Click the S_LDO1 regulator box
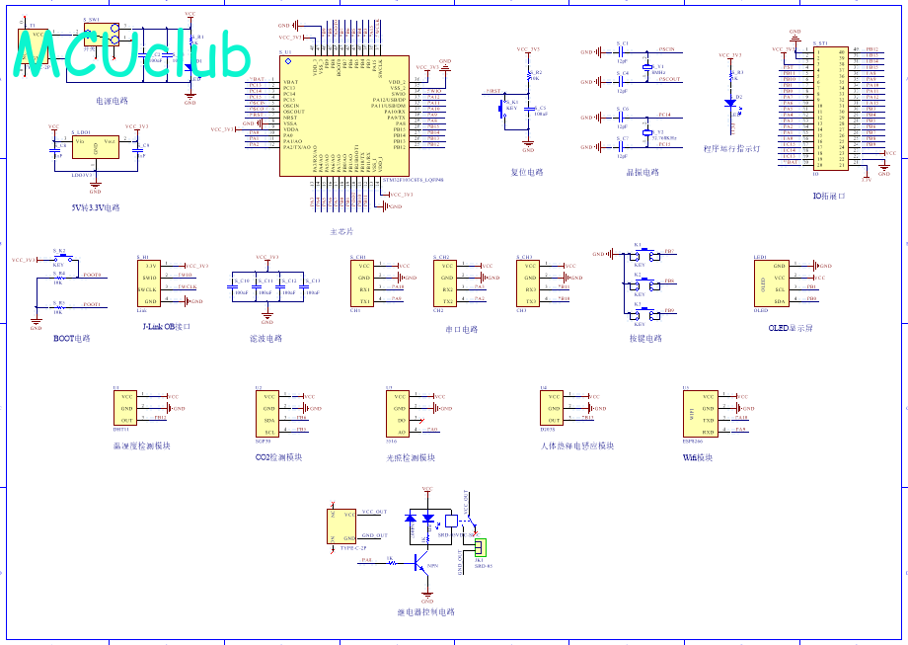[96, 147]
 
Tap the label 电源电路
[112, 101]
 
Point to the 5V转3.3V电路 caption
[96, 207]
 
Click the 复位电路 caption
[527, 172]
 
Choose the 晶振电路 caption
[641, 172]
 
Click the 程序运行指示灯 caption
[731, 149]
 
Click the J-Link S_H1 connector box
[149, 282]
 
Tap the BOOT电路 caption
[71, 339]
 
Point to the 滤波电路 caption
[266, 339]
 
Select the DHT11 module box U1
[126, 409]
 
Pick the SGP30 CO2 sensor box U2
[268, 414]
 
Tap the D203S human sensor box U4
[551, 409]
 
